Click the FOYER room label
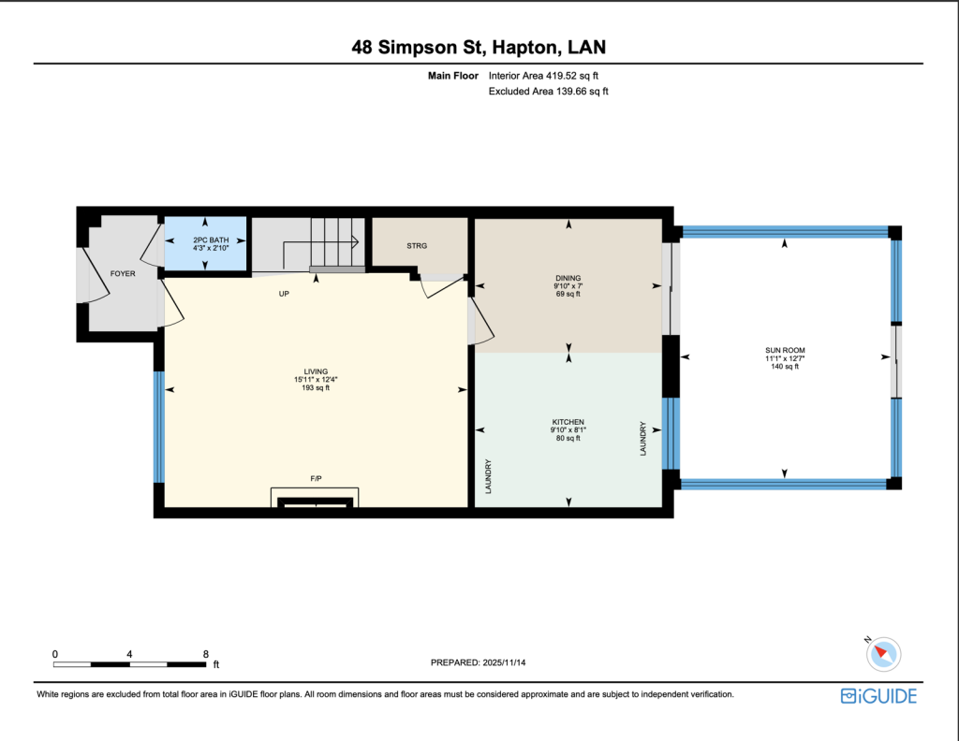click(123, 274)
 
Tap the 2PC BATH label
click(211, 240)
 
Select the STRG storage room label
click(417, 245)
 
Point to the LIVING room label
click(316, 371)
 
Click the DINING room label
click(568, 278)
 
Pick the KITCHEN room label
click(568, 422)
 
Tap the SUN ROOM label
click(785, 351)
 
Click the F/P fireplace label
click(316, 478)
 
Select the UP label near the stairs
click(284, 294)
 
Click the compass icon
click(882, 653)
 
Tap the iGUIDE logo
click(878, 696)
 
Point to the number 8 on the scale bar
click(205, 654)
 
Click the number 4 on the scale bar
click(129, 654)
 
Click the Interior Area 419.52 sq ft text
click(543, 76)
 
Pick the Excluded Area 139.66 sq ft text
click(548, 91)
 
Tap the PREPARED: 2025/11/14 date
click(479, 662)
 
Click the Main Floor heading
click(452, 76)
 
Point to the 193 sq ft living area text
click(316, 388)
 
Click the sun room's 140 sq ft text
click(785, 367)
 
